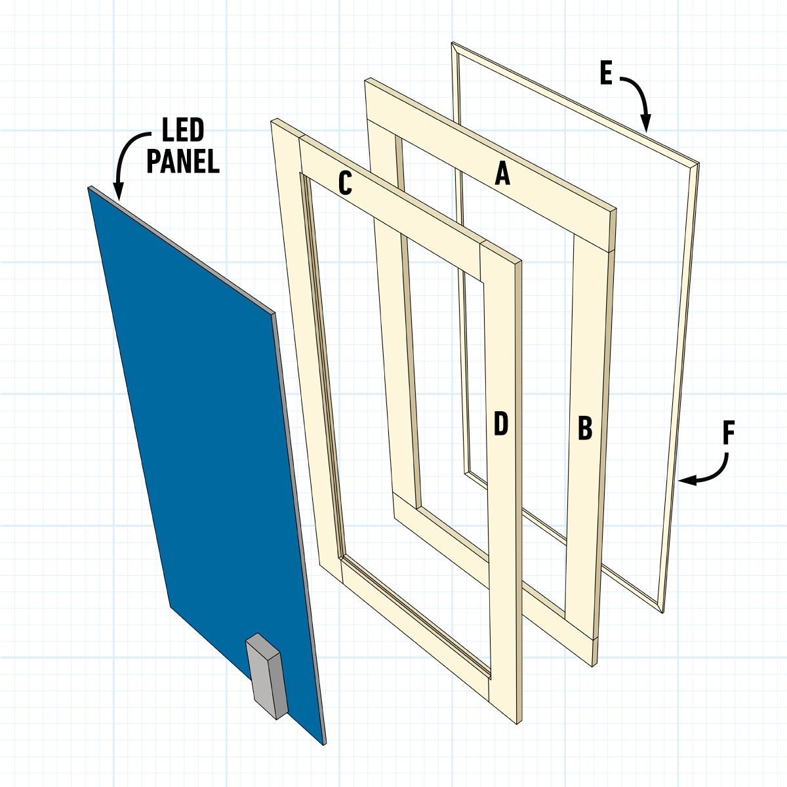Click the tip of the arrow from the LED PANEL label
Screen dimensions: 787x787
(119, 199)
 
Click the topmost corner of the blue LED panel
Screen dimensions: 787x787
(89, 187)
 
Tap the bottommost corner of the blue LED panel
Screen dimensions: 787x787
(325, 744)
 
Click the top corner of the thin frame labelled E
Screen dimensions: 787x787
(452, 43)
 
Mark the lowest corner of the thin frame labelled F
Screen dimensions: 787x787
(662, 613)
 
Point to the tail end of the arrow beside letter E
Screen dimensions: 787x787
(620, 77)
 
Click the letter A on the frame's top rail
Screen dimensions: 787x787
(502, 174)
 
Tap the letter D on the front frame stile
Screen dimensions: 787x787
(501, 423)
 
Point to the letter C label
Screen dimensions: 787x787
(345, 183)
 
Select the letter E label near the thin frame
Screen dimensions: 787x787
(607, 73)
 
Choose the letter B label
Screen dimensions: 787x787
(585, 428)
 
